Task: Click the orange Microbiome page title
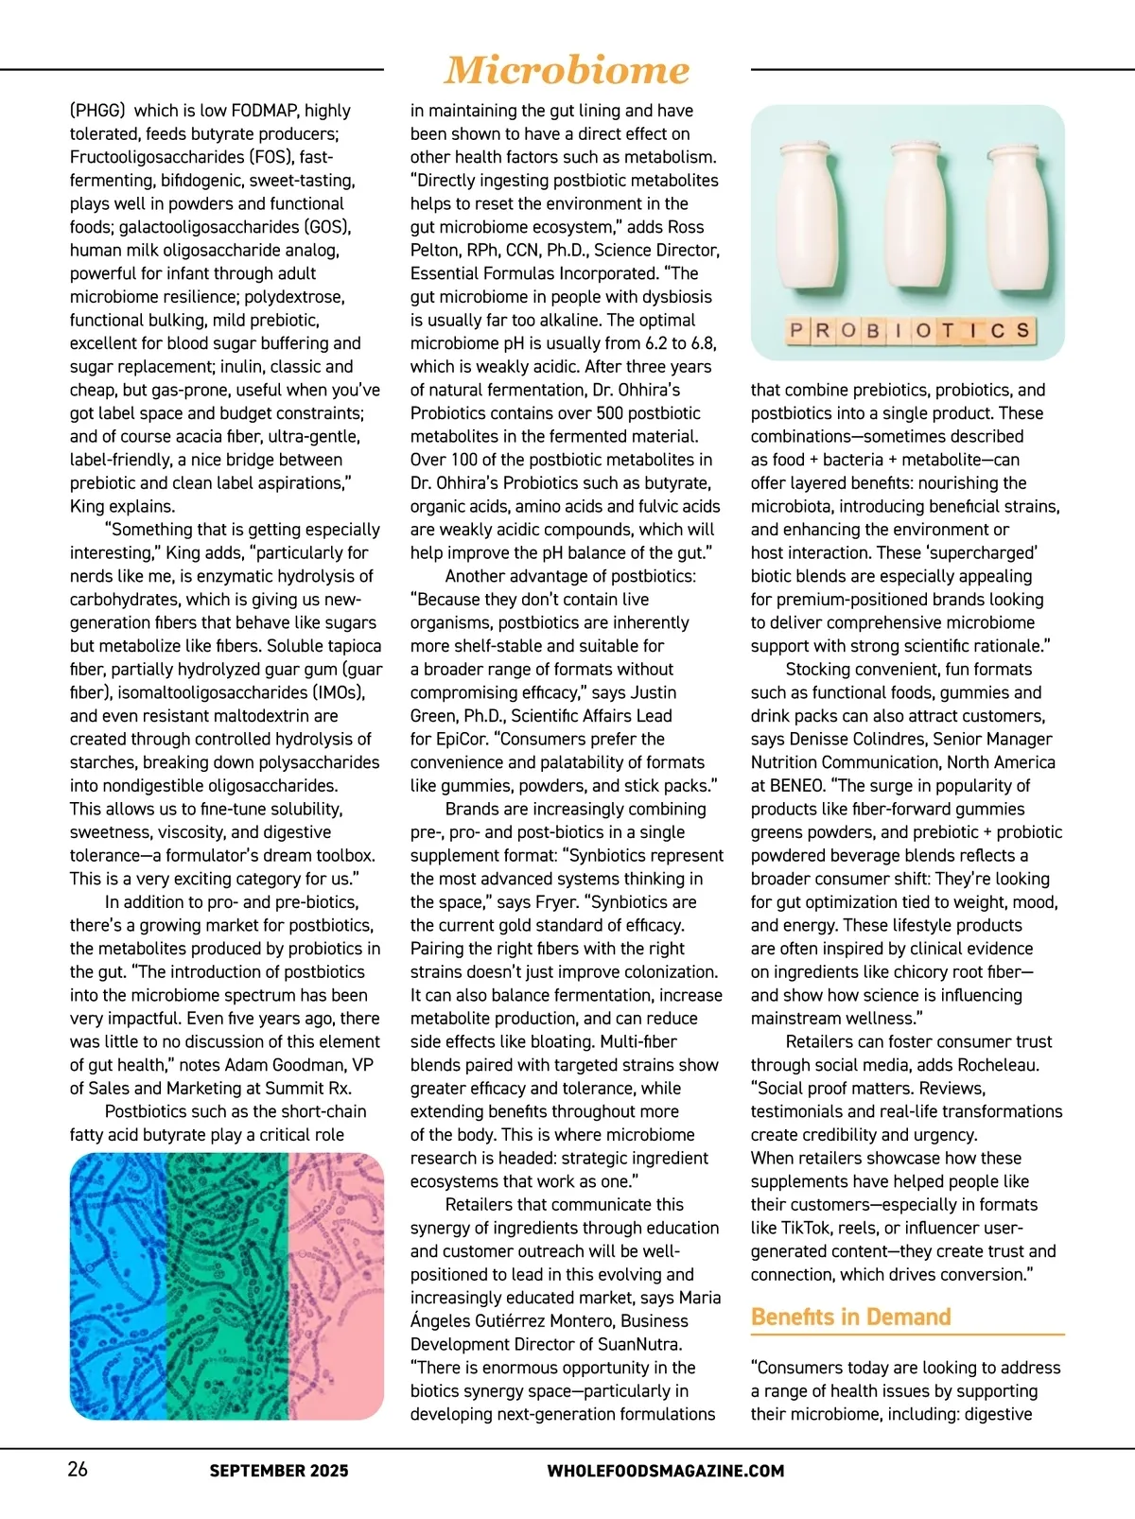click(x=567, y=70)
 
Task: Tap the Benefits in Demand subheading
click(x=850, y=1317)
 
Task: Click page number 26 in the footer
click(x=78, y=1469)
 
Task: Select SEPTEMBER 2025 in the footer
click(x=279, y=1471)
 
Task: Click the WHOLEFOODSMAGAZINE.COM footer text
click(x=665, y=1471)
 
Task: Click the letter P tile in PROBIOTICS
click(x=795, y=330)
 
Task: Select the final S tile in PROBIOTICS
click(x=1022, y=330)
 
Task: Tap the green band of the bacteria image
click(x=227, y=1286)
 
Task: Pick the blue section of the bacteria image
click(x=117, y=1286)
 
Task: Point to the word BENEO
click(x=796, y=785)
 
